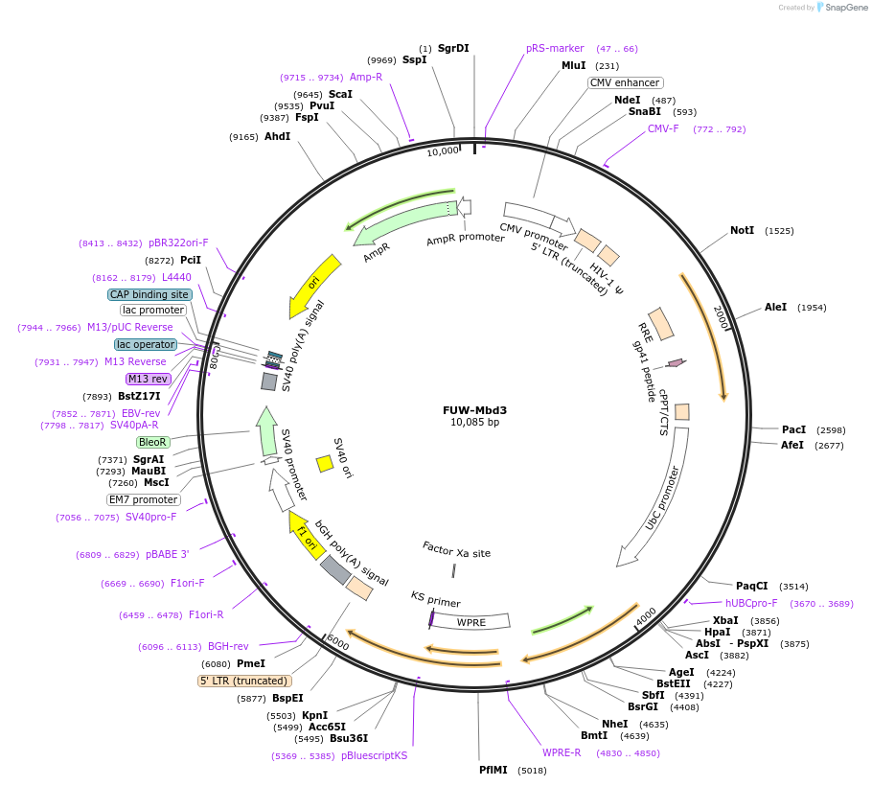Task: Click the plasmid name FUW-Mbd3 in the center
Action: pos(474,410)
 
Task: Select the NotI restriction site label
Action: pos(742,231)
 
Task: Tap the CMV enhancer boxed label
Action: pos(625,82)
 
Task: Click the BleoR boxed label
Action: pos(153,442)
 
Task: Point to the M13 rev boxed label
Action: pos(148,379)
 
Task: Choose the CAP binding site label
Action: pos(149,294)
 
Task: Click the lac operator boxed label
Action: pos(146,344)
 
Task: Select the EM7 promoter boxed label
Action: pos(143,499)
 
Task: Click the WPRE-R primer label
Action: pos(562,752)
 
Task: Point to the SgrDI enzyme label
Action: pos(453,48)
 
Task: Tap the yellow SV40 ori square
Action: pos(325,464)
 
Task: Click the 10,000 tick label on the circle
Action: pos(444,151)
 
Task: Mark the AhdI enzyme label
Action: pos(277,137)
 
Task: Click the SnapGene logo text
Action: pos(846,8)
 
